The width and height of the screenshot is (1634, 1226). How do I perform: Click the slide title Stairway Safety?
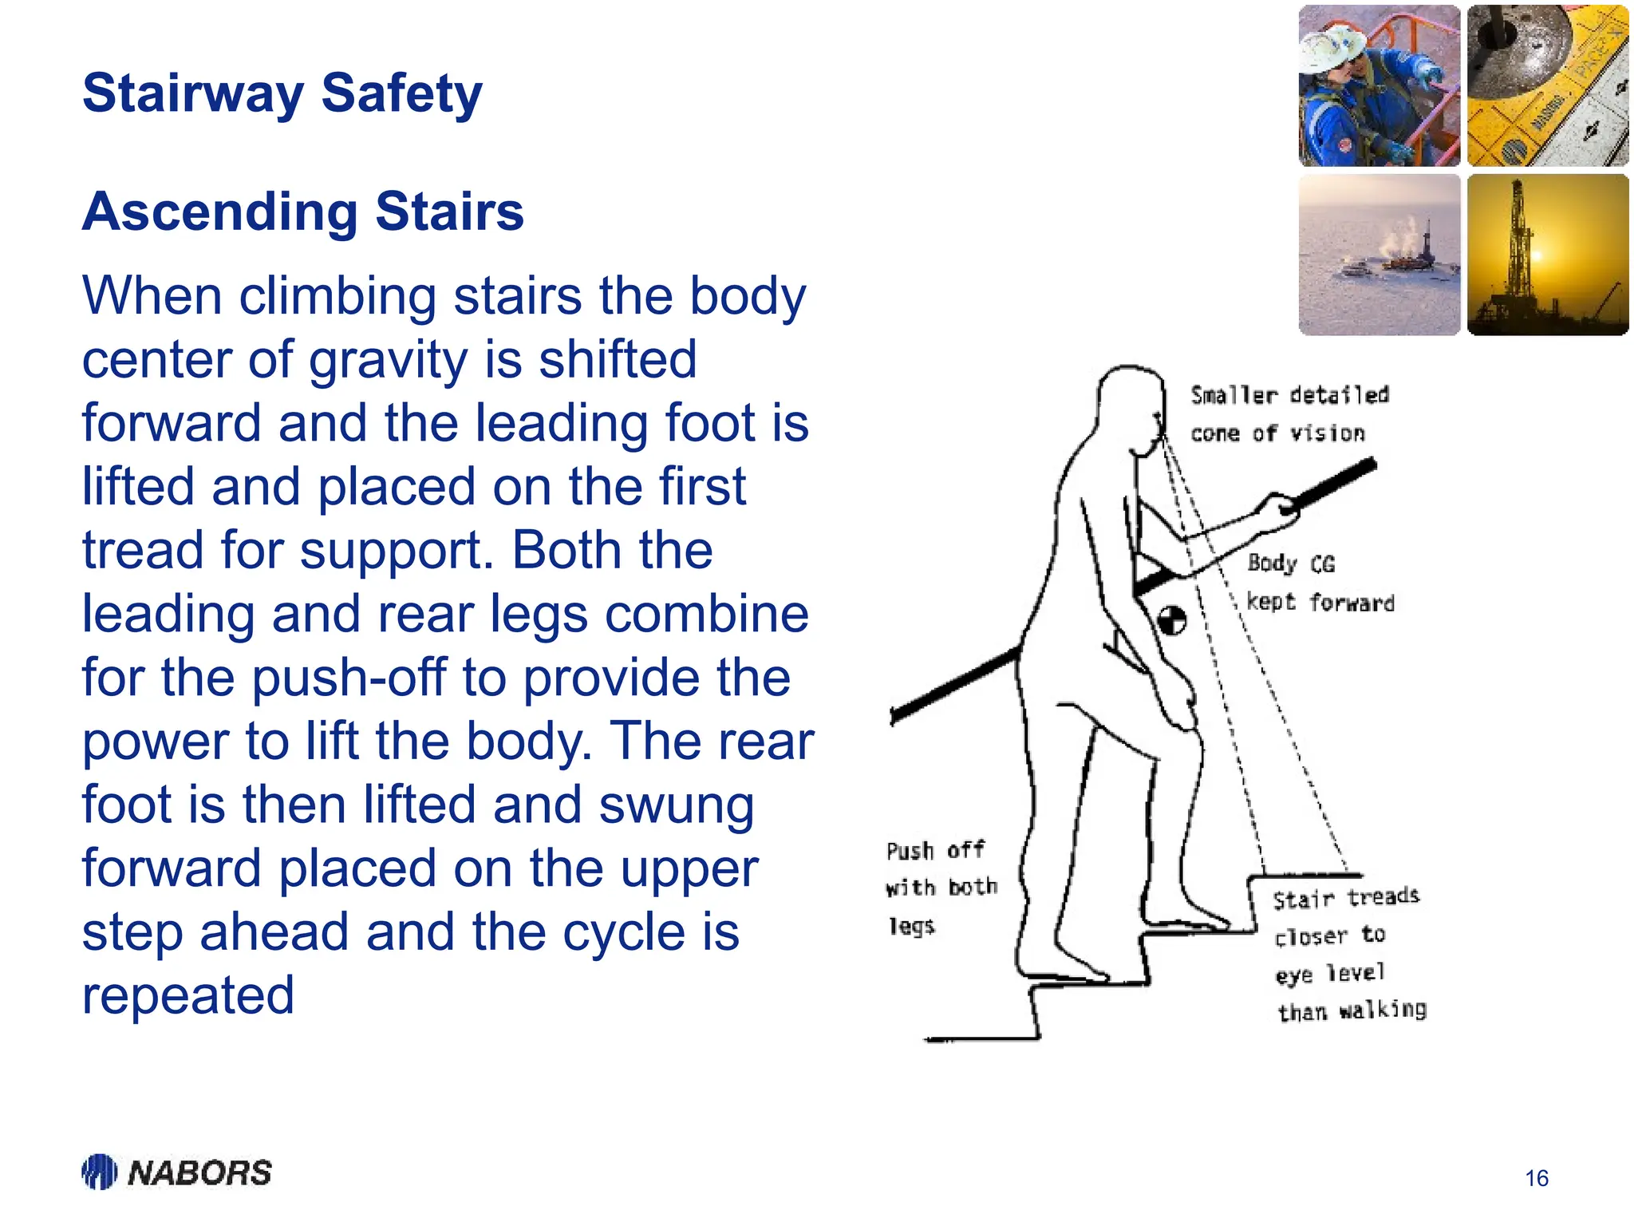[x=282, y=93]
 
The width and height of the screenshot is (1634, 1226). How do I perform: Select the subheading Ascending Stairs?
[x=303, y=212]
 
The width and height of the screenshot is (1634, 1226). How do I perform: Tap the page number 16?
[x=1536, y=1178]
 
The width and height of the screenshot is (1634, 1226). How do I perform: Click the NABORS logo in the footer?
[x=177, y=1172]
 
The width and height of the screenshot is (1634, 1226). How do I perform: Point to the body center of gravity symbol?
[x=1172, y=620]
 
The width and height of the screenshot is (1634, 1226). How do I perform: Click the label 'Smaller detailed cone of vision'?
[x=1289, y=414]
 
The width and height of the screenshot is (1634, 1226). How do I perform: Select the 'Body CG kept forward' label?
[x=1320, y=583]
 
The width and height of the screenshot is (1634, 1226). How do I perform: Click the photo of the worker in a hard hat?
[x=1379, y=85]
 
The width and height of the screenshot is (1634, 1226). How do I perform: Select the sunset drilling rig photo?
[x=1547, y=255]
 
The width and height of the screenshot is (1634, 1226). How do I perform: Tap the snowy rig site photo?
[x=1379, y=255]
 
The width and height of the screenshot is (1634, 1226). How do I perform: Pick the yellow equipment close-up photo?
[x=1547, y=85]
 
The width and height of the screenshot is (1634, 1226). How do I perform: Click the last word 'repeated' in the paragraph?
[x=188, y=995]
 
